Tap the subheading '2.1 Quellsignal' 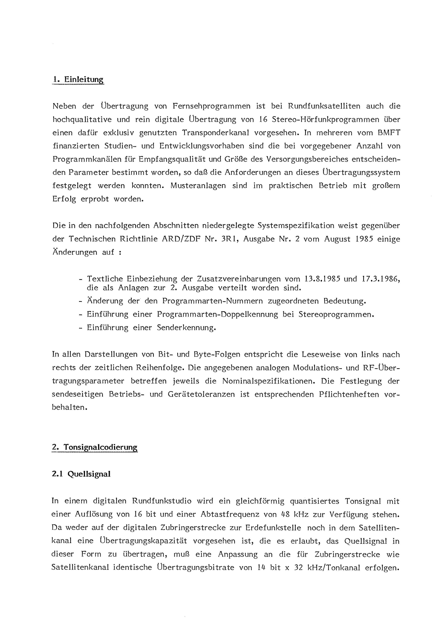pyautogui.click(x=81, y=474)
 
